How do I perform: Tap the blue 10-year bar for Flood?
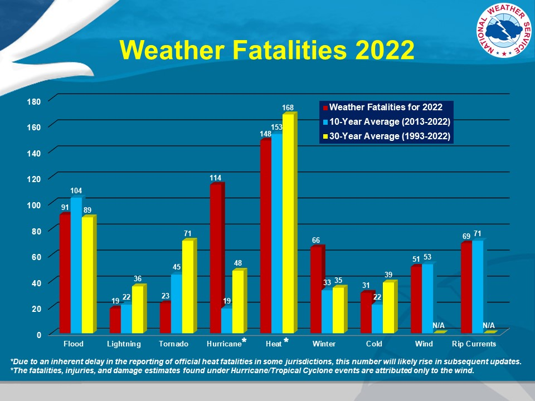pos(76,266)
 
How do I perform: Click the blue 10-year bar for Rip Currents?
pos(478,287)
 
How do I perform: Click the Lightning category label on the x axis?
pos(124,344)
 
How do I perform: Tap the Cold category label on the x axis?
pos(374,344)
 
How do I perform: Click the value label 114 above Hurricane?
pos(216,178)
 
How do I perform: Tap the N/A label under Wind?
pos(439,325)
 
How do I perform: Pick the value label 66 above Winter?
pos(315,240)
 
